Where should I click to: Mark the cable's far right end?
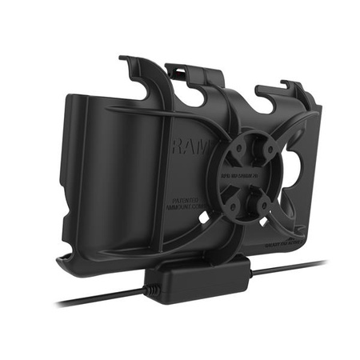325,262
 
